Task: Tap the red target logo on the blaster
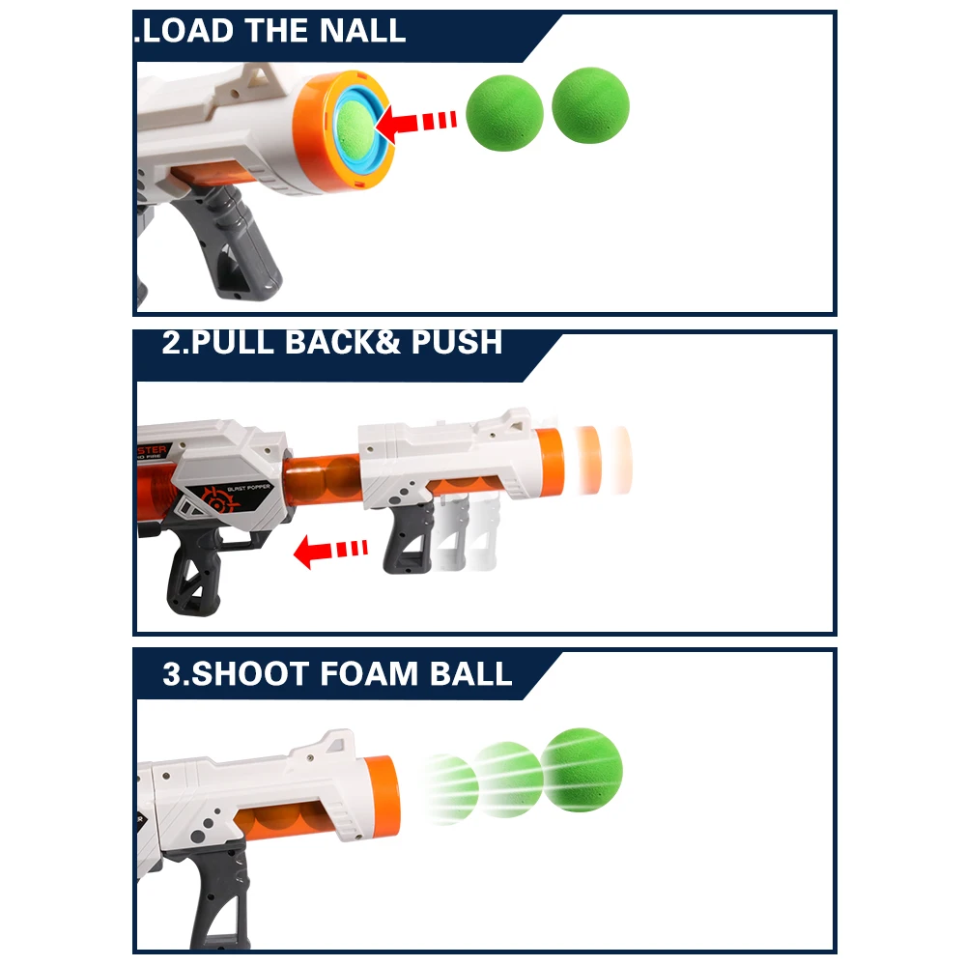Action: pyautogui.click(x=215, y=500)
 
